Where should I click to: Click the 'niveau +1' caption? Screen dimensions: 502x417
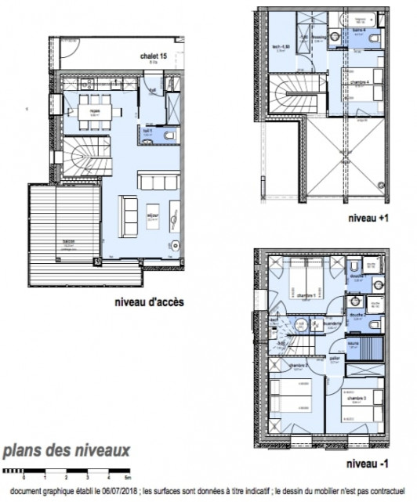(361, 220)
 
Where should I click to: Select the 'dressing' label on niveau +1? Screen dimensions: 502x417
(319, 37)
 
